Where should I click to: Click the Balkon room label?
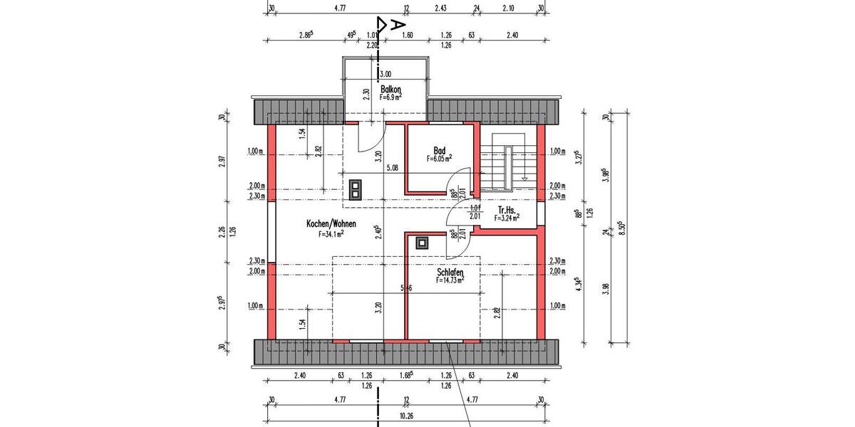[391, 90]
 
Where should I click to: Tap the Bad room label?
[440, 151]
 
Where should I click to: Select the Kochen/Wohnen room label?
[331, 223]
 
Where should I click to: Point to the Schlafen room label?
[450, 273]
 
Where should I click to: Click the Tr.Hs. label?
[507, 211]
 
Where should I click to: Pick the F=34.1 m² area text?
[332, 233]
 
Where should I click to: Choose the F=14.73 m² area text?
[450, 281]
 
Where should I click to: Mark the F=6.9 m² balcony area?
[391, 97]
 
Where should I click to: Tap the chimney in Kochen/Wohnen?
[355, 189]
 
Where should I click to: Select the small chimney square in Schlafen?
[423, 241]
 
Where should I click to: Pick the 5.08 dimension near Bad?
[391, 169]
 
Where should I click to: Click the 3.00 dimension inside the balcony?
[385, 73]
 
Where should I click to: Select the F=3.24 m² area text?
[507, 218]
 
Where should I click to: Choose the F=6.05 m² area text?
[440, 159]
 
